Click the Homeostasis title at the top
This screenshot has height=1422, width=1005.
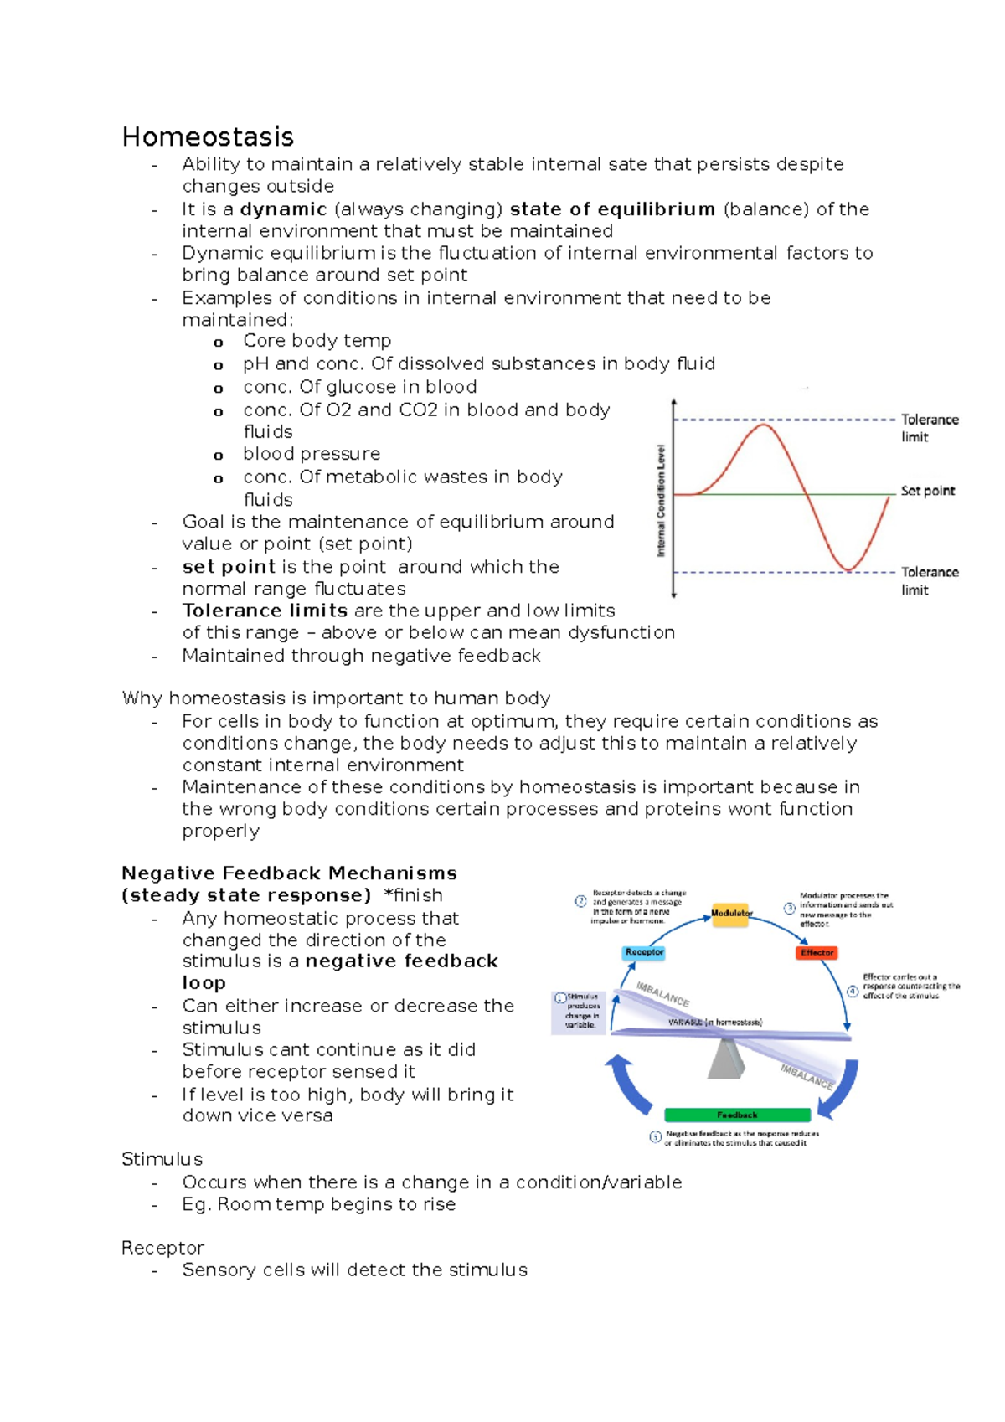tap(208, 137)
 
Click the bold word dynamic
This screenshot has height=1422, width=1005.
tap(283, 209)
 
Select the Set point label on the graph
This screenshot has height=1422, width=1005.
tap(927, 491)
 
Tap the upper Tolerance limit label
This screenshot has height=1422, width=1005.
tap(929, 427)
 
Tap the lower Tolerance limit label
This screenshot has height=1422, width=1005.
tap(929, 580)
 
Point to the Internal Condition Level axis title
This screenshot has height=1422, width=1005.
tap(661, 501)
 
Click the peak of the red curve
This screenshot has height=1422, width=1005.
tap(764, 425)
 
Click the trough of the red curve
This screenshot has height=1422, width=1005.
tap(848, 569)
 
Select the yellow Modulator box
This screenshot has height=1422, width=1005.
tap(731, 913)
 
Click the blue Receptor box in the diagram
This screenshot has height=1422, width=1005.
tap(644, 952)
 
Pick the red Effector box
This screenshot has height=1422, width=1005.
tap(817, 952)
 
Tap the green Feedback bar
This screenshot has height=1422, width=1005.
tap(737, 1115)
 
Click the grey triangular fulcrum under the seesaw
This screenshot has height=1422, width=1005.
tap(725, 1059)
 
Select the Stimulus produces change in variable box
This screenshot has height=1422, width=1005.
tap(579, 1011)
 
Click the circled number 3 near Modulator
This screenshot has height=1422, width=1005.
tap(789, 909)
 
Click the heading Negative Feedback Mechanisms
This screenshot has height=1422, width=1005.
tap(289, 873)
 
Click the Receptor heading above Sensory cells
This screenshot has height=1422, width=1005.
tap(162, 1248)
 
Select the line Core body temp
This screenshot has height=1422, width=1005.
tap(317, 341)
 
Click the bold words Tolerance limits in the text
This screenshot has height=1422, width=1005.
tap(265, 611)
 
